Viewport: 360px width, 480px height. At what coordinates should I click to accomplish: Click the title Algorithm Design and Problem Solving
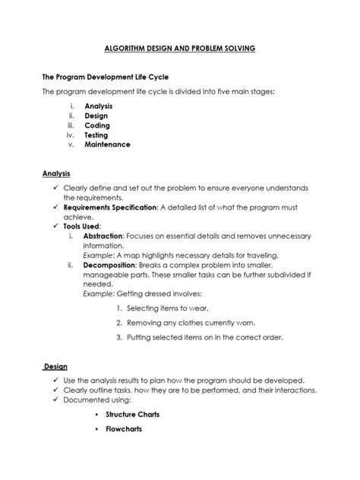[180, 48]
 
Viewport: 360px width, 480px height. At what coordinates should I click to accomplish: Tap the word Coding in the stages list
[97, 125]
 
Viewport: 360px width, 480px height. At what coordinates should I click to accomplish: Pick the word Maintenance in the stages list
[107, 144]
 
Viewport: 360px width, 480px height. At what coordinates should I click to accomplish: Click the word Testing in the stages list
[96, 135]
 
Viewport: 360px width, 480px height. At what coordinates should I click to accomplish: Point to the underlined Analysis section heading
[55, 173]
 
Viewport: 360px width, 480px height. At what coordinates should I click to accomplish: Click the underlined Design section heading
[55, 366]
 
